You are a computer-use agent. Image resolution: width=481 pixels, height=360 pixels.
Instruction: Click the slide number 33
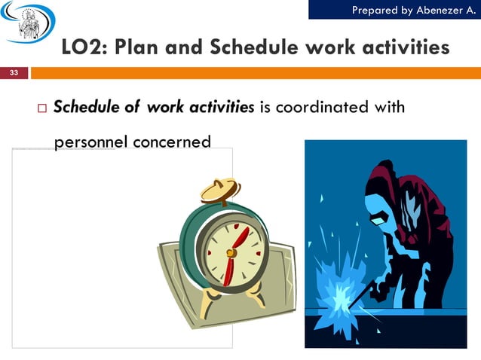[14, 73]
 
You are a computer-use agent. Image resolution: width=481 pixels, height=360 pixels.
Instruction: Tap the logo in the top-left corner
[27, 23]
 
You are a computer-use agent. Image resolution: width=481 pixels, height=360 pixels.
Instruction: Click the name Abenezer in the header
[441, 9]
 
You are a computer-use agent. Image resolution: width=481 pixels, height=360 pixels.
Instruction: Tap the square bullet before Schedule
[41, 108]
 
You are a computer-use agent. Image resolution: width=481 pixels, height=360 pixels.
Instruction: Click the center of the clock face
[231, 252]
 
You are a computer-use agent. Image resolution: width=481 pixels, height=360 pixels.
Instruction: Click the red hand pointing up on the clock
[240, 238]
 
